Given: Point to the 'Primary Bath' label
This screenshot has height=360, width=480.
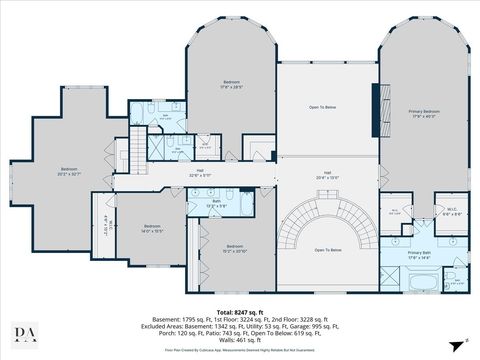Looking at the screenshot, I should click(418, 255).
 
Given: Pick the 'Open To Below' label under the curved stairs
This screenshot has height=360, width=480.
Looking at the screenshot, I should click(328, 249).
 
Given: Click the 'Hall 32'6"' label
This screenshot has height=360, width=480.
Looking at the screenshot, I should click(200, 172).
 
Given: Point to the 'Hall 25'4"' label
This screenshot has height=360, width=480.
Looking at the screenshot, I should click(327, 174).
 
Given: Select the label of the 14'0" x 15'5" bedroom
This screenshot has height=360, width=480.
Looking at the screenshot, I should click(152, 228).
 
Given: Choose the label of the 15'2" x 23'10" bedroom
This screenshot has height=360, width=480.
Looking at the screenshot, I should click(235, 248).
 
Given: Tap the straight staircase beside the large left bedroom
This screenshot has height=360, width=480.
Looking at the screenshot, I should click(137, 150).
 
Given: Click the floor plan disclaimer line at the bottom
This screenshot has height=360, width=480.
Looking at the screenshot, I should click(239, 349).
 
